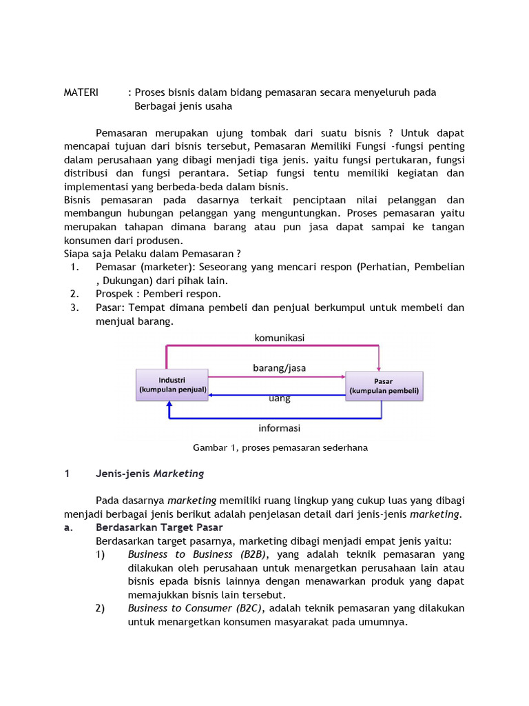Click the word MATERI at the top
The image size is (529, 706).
(x=81, y=92)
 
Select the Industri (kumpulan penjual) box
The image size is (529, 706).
(x=172, y=385)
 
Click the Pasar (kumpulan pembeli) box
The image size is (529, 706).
(x=384, y=385)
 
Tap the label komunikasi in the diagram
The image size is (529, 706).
(x=279, y=338)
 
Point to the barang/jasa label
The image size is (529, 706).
(x=279, y=368)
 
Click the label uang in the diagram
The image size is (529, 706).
(x=279, y=399)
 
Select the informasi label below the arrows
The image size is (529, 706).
(x=279, y=427)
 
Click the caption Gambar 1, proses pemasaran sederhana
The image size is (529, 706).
(x=280, y=447)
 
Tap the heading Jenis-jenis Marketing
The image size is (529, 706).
(x=149, y=474)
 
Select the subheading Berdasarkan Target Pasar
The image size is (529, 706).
(x=154, y=527)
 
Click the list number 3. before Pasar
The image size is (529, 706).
(x=75, y=307)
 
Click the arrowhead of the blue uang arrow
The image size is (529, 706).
(x=213, y=395)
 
